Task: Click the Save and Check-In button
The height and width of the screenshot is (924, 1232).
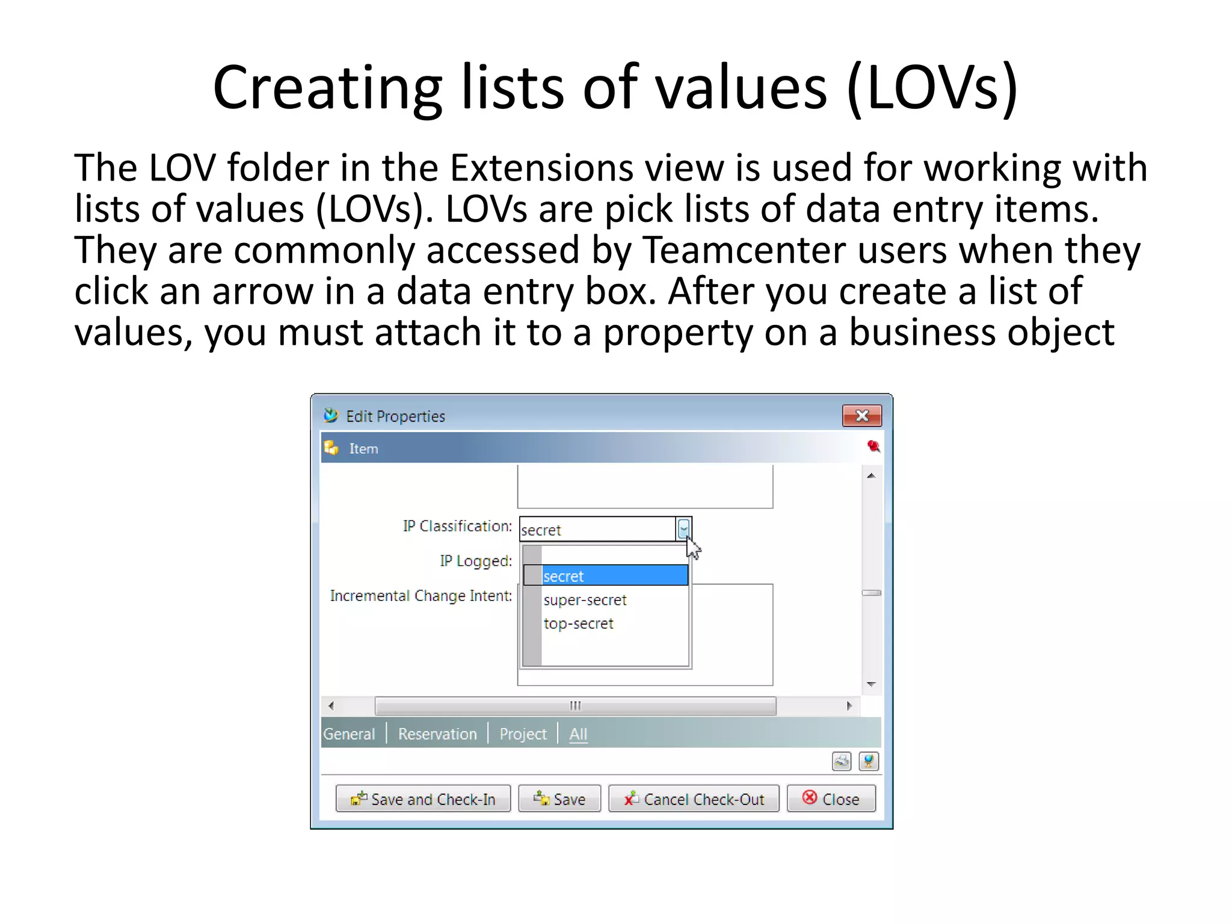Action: coord(423,799)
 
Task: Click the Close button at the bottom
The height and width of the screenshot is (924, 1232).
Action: coord(831,799)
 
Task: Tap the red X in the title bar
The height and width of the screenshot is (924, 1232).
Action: coord(861,416)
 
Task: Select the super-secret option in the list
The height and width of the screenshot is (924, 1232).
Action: coord(585,600)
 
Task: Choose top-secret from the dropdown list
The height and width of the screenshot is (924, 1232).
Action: coord(578,623)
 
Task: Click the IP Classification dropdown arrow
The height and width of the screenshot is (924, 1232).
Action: coord(683,529)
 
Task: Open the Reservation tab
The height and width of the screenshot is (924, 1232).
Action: coord(437,734)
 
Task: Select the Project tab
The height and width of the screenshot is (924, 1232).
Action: coord(523,734)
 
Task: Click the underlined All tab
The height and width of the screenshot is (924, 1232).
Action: coord(578,734)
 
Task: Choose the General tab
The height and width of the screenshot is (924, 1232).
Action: coord(349,734)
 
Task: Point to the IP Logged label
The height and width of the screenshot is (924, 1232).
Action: coord(475,561)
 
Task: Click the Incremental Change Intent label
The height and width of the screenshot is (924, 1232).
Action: coord(420,596)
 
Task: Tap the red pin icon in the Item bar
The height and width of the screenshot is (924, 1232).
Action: coord(873,446)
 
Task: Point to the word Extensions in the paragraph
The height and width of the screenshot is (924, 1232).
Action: coord(541,168)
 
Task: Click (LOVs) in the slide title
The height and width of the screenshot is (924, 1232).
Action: coord(931,88)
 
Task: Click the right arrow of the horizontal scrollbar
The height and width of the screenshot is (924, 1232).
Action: coord(849,706)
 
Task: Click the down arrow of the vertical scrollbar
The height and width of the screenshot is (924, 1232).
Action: coord(871,685)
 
